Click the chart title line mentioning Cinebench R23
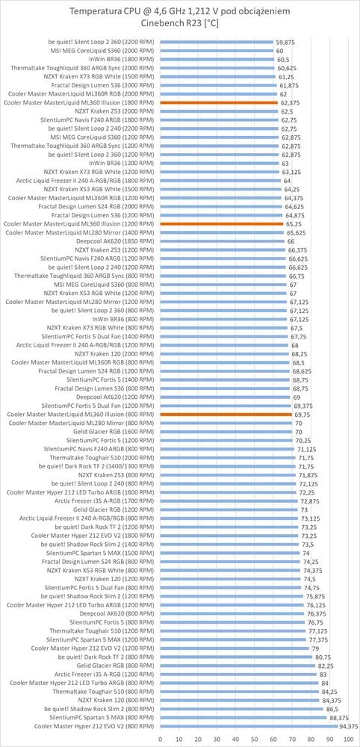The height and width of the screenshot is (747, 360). tap(179, 24)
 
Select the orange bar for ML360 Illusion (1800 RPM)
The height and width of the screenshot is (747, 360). tap(219, 102)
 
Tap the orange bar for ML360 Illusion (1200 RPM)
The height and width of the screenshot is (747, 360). tap(222, 223)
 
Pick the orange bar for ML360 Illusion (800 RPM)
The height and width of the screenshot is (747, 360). tap(226, 415)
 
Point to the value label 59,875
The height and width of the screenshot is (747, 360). tap(285, 42)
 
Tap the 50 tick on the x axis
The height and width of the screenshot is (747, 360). tap(254, 739)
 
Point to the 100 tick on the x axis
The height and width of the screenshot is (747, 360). tap(348, 739)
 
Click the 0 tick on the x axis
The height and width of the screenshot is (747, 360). tap(161, 739)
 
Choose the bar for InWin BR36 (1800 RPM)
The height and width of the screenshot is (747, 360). tap(217, 59)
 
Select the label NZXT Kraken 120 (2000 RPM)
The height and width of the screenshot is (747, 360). tap(115, 354)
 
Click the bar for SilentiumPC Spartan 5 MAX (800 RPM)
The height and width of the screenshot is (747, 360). tap(243, 717)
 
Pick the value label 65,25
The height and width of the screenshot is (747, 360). tap(292, 223)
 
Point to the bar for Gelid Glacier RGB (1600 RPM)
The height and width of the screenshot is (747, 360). tap(226, 432)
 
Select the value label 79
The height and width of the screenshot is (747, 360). tap(314, 648)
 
